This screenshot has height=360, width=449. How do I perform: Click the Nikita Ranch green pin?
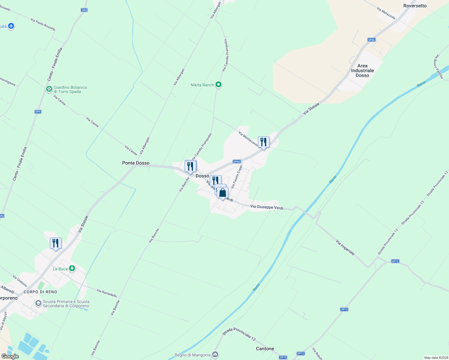pyautogui.click(x=218, y=85)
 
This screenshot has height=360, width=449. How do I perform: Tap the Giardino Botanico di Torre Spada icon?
pyautogui.click(x=49, y=89)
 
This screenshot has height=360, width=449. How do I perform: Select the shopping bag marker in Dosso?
pyautogui.click(x=222, y=193)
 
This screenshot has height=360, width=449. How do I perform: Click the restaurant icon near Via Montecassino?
pyautogui.click(x=264, y=142)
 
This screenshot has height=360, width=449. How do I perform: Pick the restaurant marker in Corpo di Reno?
pyautogui.click(x=56, y=243)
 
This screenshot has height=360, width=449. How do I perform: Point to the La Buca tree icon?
pyautogui.click(x=72, y=268)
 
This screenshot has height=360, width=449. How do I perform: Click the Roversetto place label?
pyautogui.click(x=415, y=6)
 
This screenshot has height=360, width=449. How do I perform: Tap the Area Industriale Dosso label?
pyautogui.click(x=362, y=70)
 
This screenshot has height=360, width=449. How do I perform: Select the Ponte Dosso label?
pyautogui.click(x=136, y=163)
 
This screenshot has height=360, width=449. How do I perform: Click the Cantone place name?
pyautogui.click(x=265, y=349)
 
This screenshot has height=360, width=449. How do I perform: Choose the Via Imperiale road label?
pyautogui.click(x=345, y=247)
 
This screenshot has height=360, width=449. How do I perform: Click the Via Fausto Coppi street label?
pyautogui.click(x=237, y=177)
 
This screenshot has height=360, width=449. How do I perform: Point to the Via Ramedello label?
pyautogui.click(x=107, y=293)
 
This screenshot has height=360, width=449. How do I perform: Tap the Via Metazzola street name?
pyautogui.click(x=386, y=13)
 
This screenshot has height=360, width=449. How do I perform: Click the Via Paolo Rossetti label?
pyautogui.click(x=43, y=24)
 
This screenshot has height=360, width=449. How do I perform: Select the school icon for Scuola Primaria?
pyautogui.click(x=38, y=304)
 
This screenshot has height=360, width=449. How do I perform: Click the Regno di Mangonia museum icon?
pyautogui.click(x=215, y=355)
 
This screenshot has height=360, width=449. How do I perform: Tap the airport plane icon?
pyautogui.click(x=11, y=26)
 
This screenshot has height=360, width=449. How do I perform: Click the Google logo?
pyautogui.click(x=10, y=356)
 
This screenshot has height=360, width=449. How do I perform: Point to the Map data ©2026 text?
pyautogui.click(x=436, y=358)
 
